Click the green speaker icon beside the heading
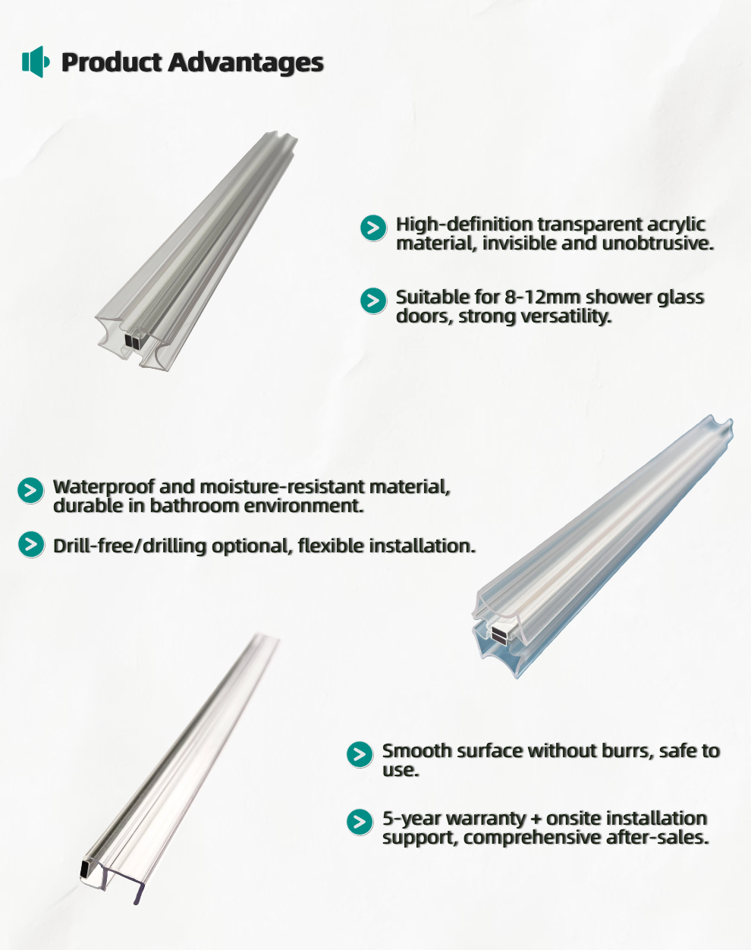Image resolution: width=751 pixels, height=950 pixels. pos(36,61)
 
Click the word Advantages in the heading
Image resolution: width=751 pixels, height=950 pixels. pos(246,62)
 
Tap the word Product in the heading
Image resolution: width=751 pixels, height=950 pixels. pos(112,61)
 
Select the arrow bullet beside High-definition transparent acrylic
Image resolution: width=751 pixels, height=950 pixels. pos(373,228)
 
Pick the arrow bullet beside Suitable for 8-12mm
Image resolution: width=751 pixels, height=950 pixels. pos(373,300)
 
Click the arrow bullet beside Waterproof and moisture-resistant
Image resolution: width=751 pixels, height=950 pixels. pos(31,490)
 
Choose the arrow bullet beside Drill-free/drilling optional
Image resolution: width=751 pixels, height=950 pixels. pos(31,545)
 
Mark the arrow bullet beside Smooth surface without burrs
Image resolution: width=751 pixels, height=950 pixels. pos(360,754)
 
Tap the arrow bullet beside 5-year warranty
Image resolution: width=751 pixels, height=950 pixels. pos(360,822)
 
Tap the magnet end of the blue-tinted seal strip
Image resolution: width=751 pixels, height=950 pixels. pos(500,634)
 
